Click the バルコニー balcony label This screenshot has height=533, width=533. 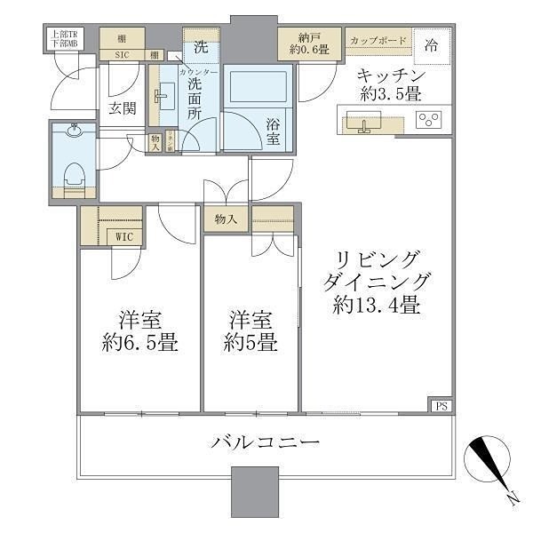pyautogui.click(x=265, y=442)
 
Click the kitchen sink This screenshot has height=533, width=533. pyautogui.click(x=363, y=123)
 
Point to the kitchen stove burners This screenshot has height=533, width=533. pyautogui.click(x=431, y=120)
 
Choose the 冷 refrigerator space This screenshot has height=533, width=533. pyautogui.click(x=431, y=44)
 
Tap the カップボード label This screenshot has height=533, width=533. pyautogui.click(x=378, y=41)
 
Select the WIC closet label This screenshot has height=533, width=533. pyautogui.click(x=123, y=236)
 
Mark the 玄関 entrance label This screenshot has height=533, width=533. pyautogui.click(x=122, y=108)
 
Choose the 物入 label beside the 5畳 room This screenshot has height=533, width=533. pyautogui.click(x=226, y=218)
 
